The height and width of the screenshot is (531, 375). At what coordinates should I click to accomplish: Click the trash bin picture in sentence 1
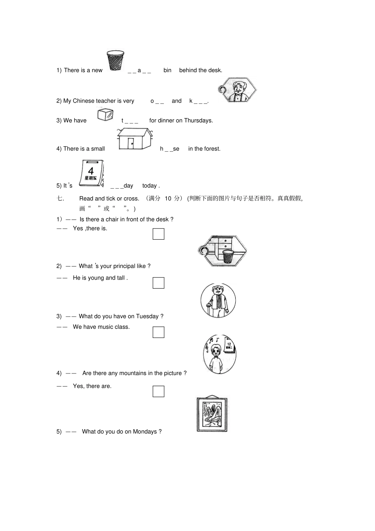(x=115, y=60)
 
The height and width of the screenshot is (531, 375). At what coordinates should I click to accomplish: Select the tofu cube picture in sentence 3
(x=105, y=114)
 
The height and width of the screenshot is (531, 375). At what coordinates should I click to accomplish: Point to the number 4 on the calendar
(x=91, y=171)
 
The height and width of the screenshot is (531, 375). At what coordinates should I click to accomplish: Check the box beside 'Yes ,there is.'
(x=158, y=234)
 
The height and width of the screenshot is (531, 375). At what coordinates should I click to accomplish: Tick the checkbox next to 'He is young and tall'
(x=158, y=283)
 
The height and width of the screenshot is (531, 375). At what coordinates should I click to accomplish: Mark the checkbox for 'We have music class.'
(x=158, y=332)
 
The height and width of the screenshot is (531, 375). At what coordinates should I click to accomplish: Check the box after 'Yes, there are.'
(x=158, y=391)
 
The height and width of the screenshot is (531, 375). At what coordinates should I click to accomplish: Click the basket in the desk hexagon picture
(x=228, y=256)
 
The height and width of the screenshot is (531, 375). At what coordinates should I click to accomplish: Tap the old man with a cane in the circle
(x=218, y=301)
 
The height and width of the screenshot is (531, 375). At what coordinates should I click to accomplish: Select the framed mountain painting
(x=212, y=414)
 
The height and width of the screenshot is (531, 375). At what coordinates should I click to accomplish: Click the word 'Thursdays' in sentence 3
(x=200, y=120)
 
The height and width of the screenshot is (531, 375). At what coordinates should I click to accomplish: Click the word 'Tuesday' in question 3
(x=147, y=316)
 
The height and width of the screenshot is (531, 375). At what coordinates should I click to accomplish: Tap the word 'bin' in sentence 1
(x=167, y=70)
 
